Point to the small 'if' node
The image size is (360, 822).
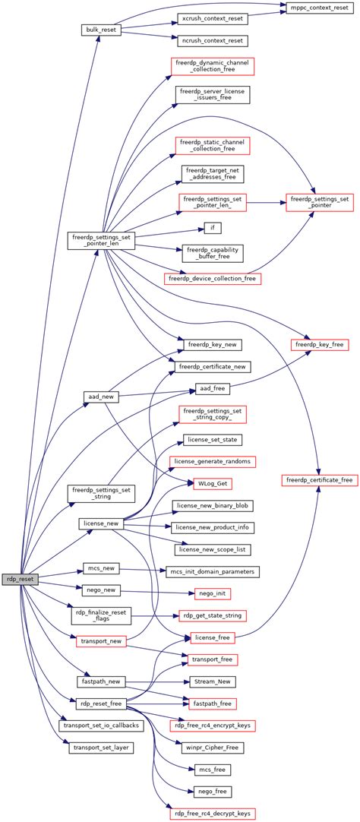pos(213,228)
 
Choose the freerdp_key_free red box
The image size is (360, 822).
pos(319,345)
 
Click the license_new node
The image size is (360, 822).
pos(100,524)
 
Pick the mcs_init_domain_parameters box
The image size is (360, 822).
pos(213,571)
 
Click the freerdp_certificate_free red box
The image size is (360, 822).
pos(319,480)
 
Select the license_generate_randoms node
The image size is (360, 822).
pos(213,461)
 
